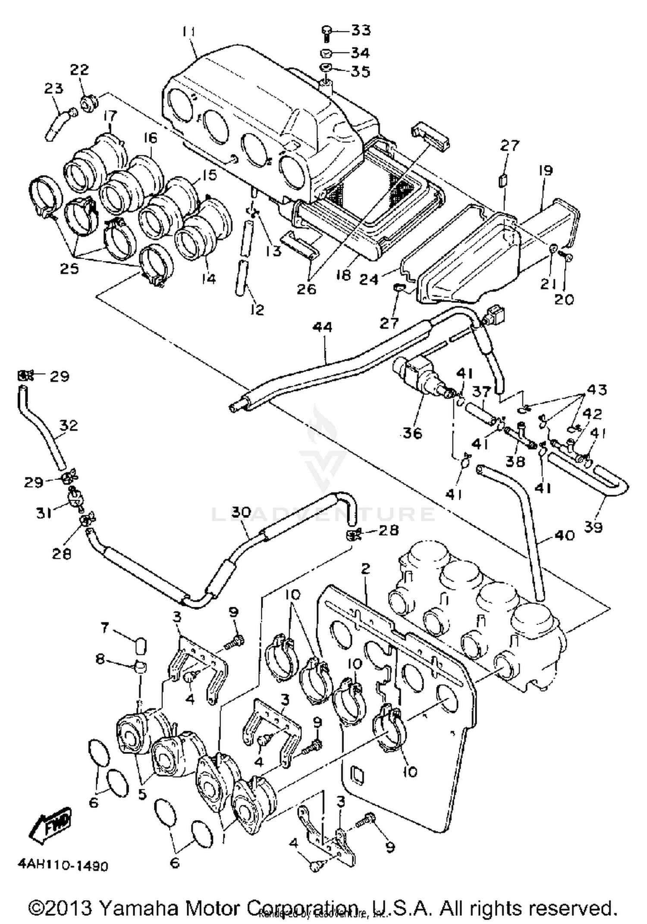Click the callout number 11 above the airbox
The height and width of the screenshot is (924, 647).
188,32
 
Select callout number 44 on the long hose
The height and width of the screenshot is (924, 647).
323,327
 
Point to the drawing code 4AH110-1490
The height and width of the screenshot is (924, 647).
63,866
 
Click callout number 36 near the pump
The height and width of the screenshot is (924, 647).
411,433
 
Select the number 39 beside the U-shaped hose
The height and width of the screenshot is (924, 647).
593,527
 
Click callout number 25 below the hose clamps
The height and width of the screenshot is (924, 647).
69,268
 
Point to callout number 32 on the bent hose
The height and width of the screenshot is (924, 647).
68,425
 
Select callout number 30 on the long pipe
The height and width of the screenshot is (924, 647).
240,512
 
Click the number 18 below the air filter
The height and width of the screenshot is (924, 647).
344,274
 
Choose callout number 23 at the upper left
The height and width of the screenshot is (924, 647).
53,88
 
